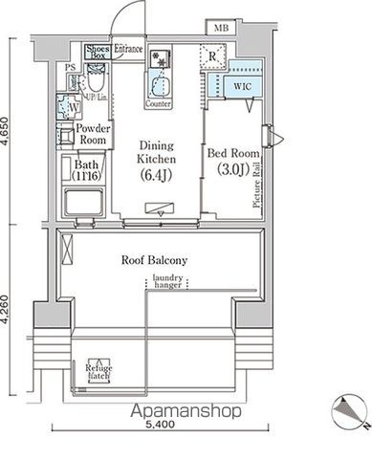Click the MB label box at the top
tap(221, 29)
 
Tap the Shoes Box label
tap(98, 52)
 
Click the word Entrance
tap(129, 48)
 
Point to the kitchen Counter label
tap(160, 102)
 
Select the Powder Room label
tap(93, 134)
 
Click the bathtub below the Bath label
tap(84, 204)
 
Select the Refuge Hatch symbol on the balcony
tap(99, 370)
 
